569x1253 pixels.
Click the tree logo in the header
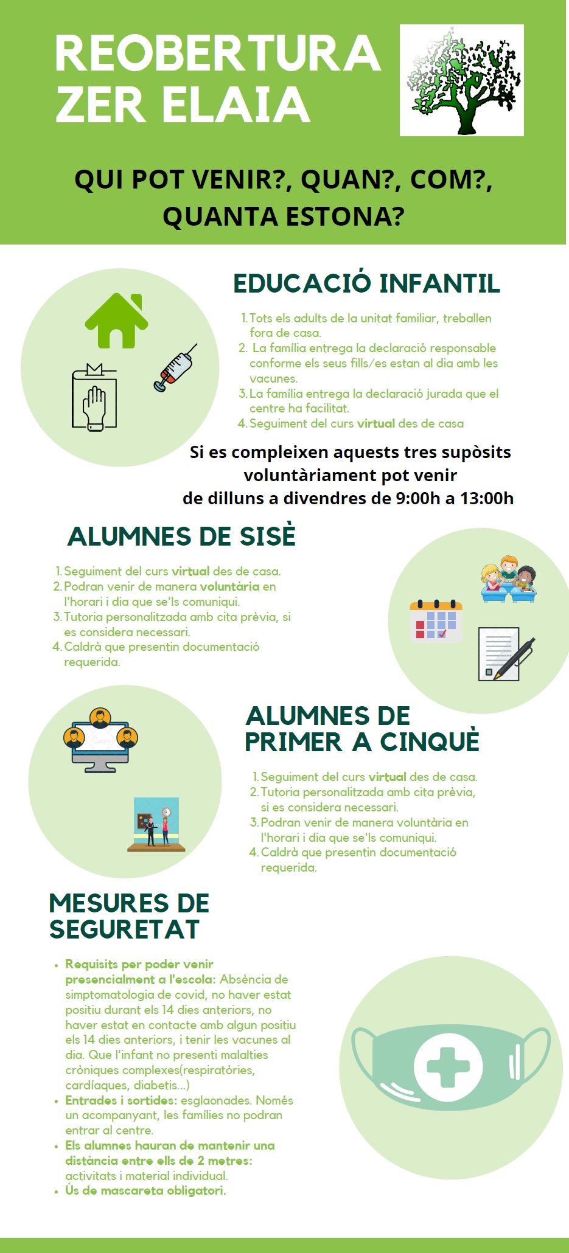[x=462, y=80]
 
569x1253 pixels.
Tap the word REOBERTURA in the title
[x=218, y=53]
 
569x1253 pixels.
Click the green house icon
[x=117, y=321]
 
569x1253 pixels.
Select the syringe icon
[x=175, y=367]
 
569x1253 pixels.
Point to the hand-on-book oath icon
[x=94, y=397]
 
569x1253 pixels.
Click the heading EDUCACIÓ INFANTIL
[x=366, y=283]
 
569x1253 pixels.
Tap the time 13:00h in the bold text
[x=487, y=498]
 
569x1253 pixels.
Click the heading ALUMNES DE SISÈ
[x=181, y=536]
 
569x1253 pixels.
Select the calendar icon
[x=436, y=621]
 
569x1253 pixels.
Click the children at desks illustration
[x=509, y=578]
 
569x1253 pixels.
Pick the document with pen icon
[x=506, y=654]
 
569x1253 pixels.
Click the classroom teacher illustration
[x=156, y=825]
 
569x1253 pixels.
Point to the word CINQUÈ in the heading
[x=430, y=741]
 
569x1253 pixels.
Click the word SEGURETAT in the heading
[x=125, y=929]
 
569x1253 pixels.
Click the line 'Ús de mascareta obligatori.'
[x=145, y=1190]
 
